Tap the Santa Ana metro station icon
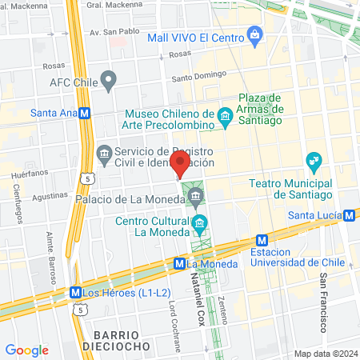pos(84,114)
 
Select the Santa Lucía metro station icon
pos(350,214)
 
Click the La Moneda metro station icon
pos(180,262)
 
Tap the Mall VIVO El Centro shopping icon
pos(254,34)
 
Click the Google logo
pos(26,350)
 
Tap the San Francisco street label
pos(324,302)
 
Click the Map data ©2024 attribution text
pos(325,354)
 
